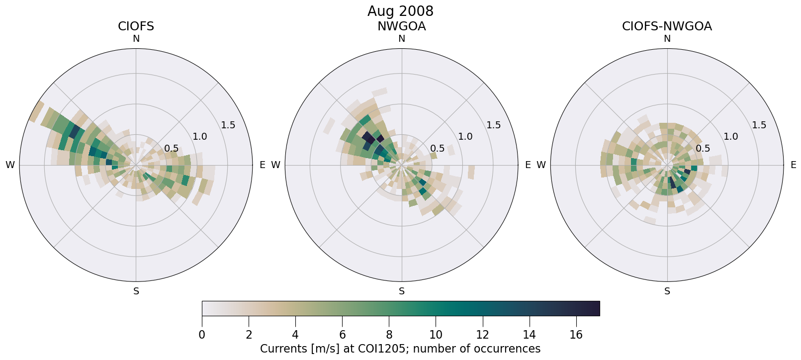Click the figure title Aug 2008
coord(400,11)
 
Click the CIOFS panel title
coord(136,26)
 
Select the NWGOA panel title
coord(401,26)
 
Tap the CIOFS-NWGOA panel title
coord(667,26)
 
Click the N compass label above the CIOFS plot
coord(136,39)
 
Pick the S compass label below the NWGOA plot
coord(402,291)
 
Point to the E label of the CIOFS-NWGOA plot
coord(793,165)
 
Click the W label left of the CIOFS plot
coord(10,165)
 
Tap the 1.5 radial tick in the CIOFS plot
coord(228,125)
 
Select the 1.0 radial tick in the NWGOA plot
coord(465,136)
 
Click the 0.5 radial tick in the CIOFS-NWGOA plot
coord(703,148)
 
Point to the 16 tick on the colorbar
coord(576,335)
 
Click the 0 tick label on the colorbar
coord(202,335)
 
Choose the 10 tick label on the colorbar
coord(436,335)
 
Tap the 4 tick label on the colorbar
coord(295,335)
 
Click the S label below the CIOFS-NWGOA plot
coord(667,291)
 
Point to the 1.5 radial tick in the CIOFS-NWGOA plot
coord(759,125)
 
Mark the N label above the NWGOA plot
coord(402,39)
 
